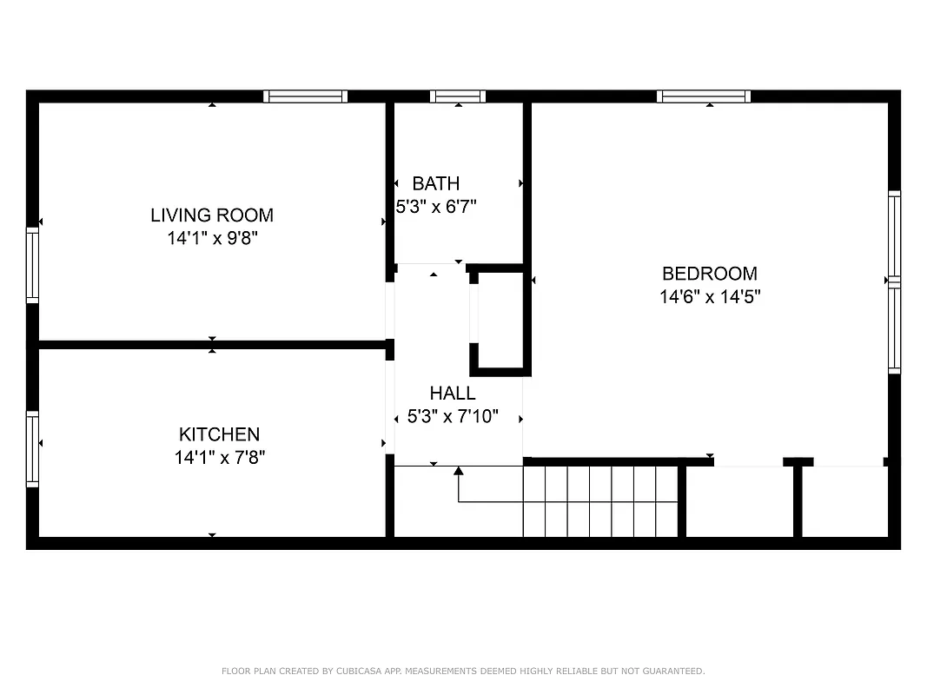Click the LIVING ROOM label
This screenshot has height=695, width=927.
212,215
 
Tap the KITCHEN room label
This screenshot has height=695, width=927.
219,434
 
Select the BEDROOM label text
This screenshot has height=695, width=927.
709,274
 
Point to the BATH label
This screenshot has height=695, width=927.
435,183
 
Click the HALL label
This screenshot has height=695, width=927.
452,394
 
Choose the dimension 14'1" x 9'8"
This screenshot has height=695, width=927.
213,238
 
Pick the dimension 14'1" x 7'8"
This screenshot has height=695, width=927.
219,457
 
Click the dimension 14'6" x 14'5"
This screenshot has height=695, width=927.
709,297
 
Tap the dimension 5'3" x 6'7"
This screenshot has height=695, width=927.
435,207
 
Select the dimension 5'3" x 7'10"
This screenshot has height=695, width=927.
453,417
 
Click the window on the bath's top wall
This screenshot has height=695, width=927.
457,96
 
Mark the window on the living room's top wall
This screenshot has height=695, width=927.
305,96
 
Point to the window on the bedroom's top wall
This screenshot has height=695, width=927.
704,96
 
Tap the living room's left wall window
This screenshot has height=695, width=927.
32,265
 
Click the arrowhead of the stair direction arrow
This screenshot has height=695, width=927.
458,472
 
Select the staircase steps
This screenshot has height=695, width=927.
599,501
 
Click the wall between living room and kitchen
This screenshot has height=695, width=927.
212,345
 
